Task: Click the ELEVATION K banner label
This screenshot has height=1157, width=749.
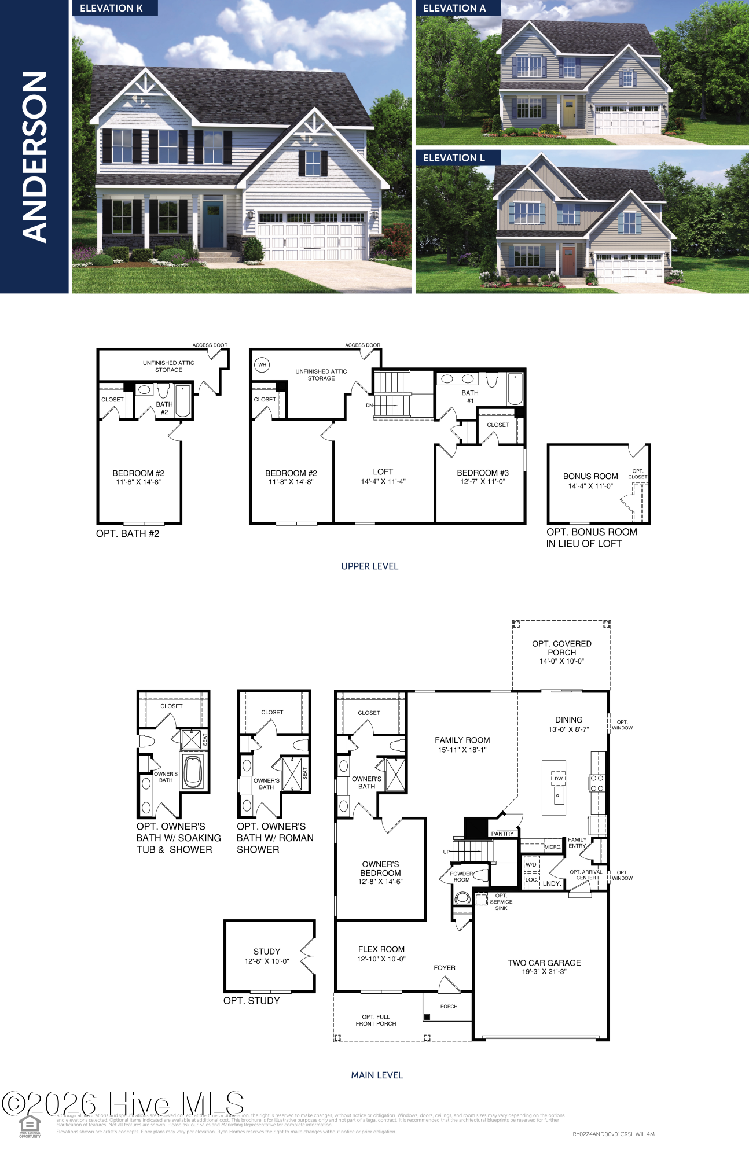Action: [111, 8]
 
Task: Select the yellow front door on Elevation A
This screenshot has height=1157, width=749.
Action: [569, 112]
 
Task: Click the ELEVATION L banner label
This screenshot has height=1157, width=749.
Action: [454, 158]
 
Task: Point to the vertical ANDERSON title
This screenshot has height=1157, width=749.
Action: [34, 156]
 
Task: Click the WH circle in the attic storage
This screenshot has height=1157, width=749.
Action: [262, 364]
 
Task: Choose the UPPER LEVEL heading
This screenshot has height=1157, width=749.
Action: [369, 566]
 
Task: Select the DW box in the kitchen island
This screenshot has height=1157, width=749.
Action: [559, 779]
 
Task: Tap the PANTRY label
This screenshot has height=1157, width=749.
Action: [502, 834]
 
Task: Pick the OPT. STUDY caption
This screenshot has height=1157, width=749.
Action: [251, 1001]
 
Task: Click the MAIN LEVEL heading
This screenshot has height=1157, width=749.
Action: [376, 1075]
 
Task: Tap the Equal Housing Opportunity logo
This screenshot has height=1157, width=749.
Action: [30, 1126]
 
